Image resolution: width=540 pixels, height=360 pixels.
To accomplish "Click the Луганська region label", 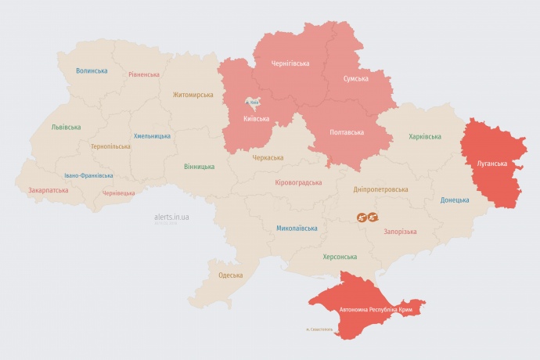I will [492, 164].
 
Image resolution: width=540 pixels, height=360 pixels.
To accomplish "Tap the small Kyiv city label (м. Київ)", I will [253, 102].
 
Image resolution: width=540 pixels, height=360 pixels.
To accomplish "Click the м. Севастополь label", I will [319, 329].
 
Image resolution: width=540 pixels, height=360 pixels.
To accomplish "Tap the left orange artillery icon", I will [364, 218].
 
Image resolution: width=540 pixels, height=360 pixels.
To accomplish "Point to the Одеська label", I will [230, 275].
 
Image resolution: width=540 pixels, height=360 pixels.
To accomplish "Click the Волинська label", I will [92, 71].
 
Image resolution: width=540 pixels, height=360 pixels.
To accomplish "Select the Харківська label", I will [424, 137].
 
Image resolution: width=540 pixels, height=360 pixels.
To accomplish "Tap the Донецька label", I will [455, 200].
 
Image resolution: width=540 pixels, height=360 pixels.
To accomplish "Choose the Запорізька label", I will [400, 232].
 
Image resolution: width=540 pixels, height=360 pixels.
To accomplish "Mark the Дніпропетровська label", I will [381, 189].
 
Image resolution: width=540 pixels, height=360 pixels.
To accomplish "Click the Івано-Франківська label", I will [88, 175].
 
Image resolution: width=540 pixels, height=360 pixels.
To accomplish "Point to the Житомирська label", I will [193, 95].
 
